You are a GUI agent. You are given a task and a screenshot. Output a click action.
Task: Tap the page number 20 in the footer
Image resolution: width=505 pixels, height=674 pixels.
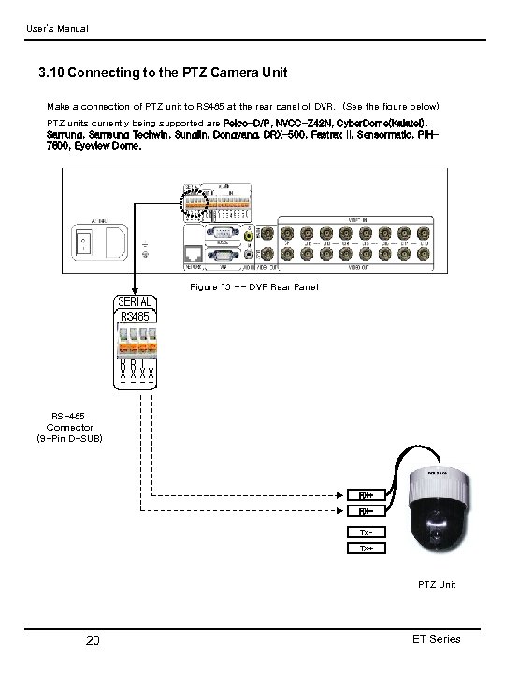93,640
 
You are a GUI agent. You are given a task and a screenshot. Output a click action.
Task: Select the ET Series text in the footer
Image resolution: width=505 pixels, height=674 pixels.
435,638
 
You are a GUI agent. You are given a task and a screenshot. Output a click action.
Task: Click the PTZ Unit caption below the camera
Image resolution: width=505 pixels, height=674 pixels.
437,584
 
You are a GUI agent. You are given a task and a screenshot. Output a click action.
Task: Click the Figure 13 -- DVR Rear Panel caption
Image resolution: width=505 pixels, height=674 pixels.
253,286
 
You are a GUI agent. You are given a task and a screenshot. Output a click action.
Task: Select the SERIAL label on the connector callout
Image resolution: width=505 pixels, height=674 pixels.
135,301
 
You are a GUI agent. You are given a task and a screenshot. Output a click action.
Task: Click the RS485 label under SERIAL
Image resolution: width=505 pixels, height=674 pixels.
135,316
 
